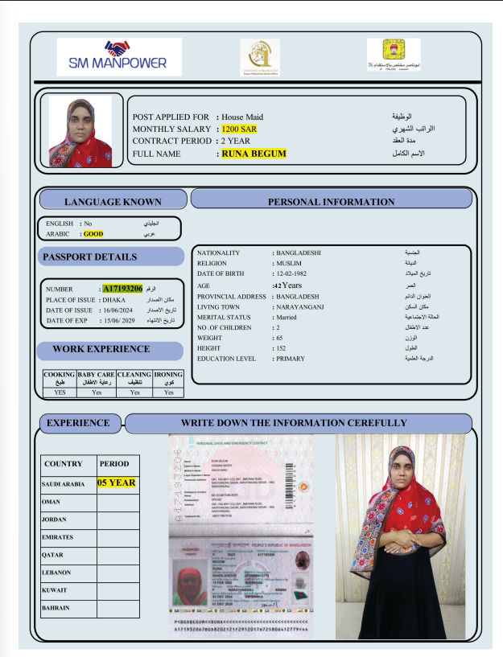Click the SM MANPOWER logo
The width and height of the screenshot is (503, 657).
click(x=119, y=56)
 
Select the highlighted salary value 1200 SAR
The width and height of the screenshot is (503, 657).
click(x=240, y=129)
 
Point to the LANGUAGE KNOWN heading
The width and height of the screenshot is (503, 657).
click(x=113, y=202)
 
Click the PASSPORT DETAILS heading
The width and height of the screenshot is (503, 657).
click(x=90, y=257)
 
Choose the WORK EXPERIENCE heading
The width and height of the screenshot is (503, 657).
click(x=101, y=349)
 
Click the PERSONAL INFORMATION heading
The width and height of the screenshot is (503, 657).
click(x=331, y=202)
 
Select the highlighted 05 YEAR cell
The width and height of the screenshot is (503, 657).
click(x=117, y=483)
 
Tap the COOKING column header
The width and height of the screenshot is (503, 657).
click(x=59, y=378)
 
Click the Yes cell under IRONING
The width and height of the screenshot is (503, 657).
click(x=168, y=393)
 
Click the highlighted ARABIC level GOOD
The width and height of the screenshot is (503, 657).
click(x=93, y=234)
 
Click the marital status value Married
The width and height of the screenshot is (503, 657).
click(x=287, y=317)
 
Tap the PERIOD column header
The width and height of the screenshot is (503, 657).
click(x=114, y=464)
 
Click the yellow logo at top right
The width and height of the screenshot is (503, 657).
click(x=394, y=55)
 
